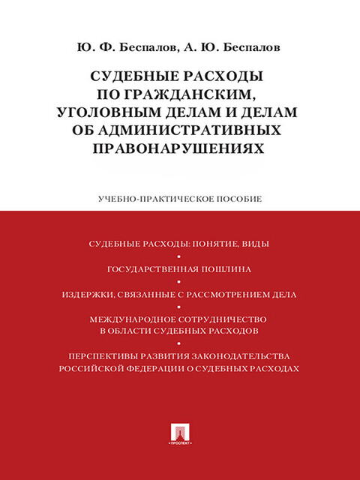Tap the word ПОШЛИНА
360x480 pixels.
tap(225, 268)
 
